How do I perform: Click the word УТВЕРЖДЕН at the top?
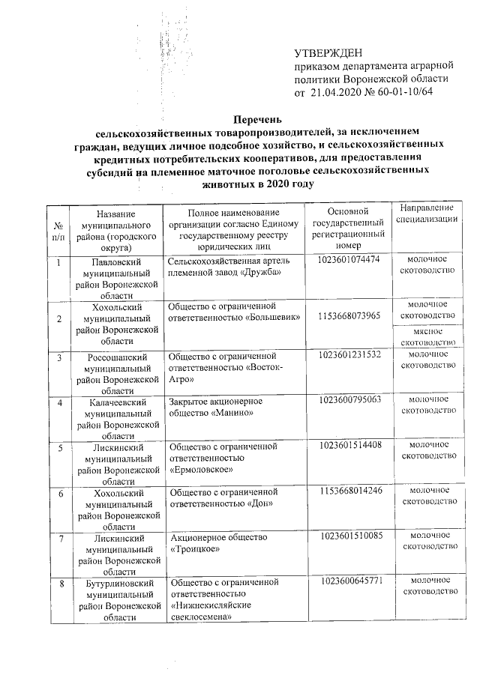pos(328,53)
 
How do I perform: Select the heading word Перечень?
pos(257,119)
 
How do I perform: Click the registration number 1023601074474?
pos(350,259)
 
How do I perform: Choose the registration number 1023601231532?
pos(350,354)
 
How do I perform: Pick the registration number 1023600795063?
pos(350,401)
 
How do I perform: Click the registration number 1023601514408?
pos(350,446)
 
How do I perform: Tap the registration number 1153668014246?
pos(350,491)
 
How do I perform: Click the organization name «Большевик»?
pos(272,318)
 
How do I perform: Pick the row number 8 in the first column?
pos(58,582)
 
